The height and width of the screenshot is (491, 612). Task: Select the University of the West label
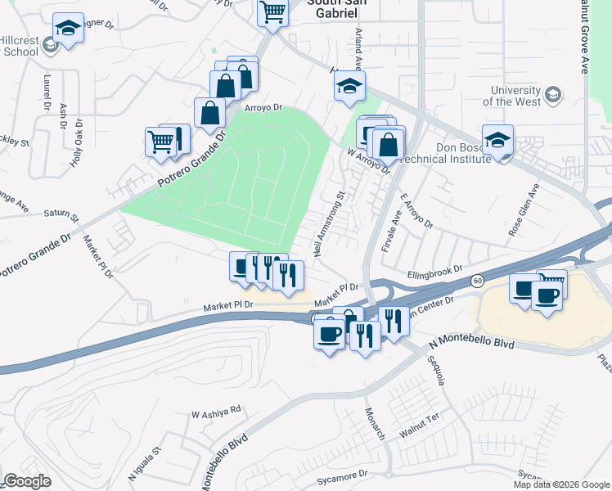coord(515,96)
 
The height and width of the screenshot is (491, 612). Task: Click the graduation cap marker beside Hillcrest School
coord(67,29)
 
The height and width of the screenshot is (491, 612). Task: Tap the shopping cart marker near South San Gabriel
coord(272,13)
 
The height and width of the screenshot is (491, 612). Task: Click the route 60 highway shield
coord(476,281)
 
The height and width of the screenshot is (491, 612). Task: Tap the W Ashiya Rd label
coord(216,409)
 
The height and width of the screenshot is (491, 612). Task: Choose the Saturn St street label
coord(62,214)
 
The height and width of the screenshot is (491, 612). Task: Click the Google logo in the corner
coord(27,481)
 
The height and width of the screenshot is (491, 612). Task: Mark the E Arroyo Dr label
coord(416,210)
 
